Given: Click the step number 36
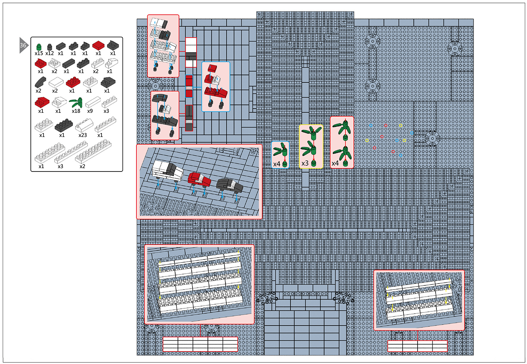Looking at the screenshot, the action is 23,45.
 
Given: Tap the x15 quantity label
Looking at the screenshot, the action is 39,53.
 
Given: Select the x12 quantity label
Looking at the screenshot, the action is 50,53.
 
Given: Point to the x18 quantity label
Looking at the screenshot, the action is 76,111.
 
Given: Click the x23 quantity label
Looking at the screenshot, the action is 83,135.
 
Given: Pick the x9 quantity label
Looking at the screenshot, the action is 90,111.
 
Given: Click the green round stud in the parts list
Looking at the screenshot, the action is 39,47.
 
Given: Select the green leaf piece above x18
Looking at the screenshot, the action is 76,103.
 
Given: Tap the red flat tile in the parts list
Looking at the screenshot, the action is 98,45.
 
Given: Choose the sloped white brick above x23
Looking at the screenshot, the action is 84,126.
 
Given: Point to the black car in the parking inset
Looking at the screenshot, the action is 230,185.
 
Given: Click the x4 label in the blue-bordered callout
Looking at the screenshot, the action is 277,164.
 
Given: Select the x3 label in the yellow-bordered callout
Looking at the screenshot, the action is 305,163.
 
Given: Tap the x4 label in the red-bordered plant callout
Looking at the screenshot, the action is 335,163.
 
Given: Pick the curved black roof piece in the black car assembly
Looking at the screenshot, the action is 160,99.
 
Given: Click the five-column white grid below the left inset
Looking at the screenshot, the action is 200,344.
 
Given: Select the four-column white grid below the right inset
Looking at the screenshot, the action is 417,346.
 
